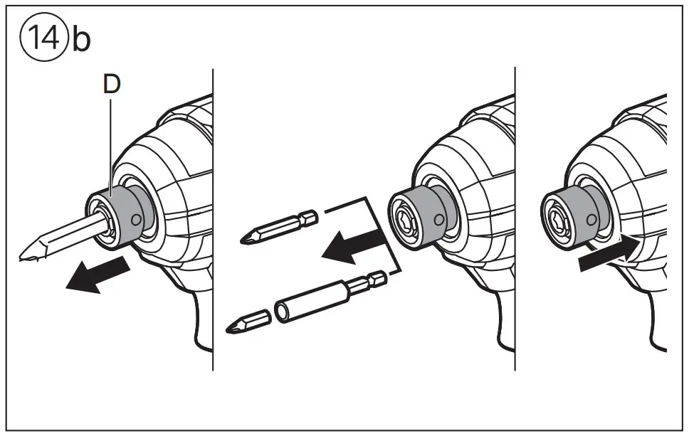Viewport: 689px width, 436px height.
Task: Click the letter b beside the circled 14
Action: click(x=80, y=40)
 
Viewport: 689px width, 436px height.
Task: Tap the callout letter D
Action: click(x=112, y=84)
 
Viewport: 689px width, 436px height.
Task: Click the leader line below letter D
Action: click(x=112, y=142)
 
